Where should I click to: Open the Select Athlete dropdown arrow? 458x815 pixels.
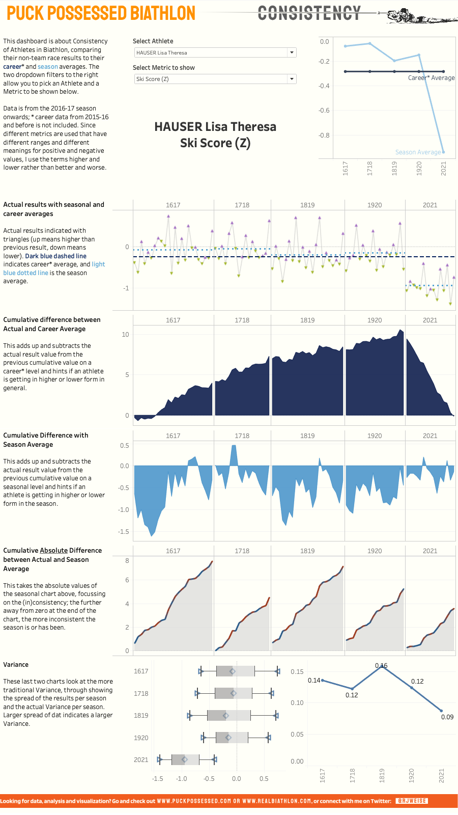click(x=292, y=52)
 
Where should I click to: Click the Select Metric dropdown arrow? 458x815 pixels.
click(x=292, y=79)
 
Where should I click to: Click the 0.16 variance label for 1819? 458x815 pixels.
click(x=381, y=665)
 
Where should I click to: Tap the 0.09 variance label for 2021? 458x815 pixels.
click(x=447, y=717)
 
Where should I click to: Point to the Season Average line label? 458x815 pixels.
click(x=418, y=152)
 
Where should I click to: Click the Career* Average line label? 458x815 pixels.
click(x=431, y=78)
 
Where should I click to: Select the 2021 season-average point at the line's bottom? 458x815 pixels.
click(x=443, y=152)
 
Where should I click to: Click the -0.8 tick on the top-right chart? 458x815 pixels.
click(x=324, y=135)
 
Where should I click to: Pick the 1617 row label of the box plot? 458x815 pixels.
click(x=141, y=671)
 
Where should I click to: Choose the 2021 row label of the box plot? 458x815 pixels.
click(x=141, y=759)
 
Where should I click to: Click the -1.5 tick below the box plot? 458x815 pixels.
click(x=158, y=778)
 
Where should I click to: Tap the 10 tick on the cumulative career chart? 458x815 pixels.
click(x=125, y=335)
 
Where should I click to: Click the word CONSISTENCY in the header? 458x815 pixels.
click(x=309, y=13)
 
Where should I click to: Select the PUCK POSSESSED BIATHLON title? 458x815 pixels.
click(x=101, y=13)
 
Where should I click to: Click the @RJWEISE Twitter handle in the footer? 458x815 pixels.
click(x=412, y=801)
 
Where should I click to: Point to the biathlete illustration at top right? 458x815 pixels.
click(x=420, y=15)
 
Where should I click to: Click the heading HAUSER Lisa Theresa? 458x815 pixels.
click(x=215, y=127)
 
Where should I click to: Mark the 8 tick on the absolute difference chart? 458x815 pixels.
click(x=127, y=560)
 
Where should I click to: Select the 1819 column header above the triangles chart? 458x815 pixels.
click(x=307, y=205)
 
